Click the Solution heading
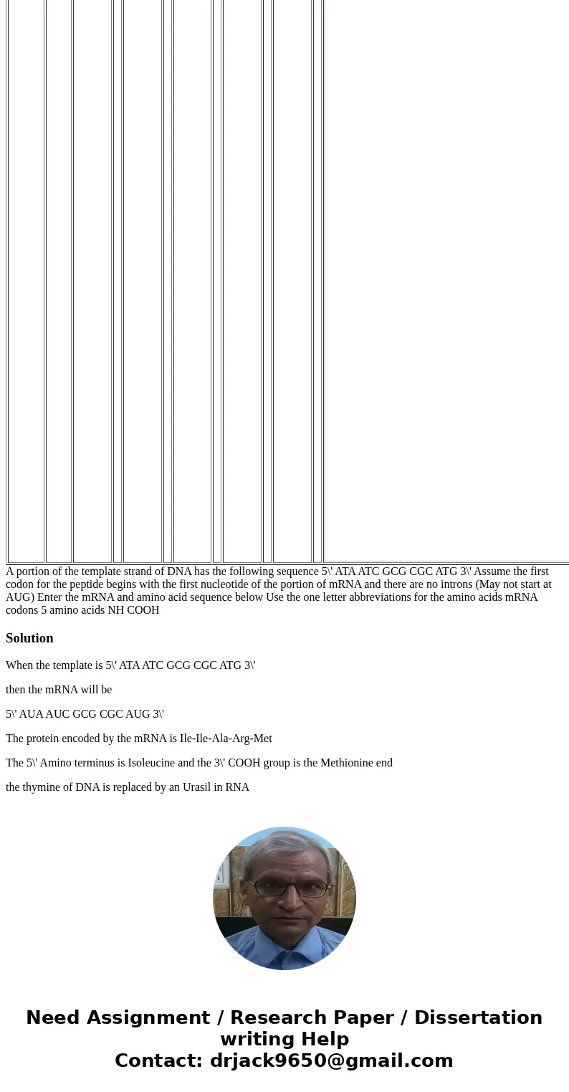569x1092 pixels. pyautogui.click(x=29, y=638)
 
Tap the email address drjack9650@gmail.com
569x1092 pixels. pyautogui.click(x=331, y=1060)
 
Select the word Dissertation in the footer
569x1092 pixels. pyautogui.click(x=478, y=1017)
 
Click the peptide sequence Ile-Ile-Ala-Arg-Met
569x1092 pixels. pyautogui.click(x=225, y=739)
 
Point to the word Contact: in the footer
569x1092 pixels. pyautogui.click(x=158, y=1060)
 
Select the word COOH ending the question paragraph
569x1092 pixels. pyautogui.click(x=143, y=610)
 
